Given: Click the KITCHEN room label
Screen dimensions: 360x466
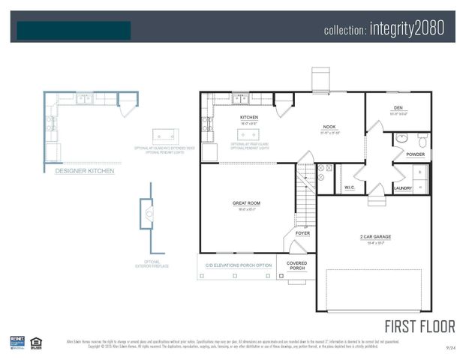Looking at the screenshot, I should (x=249, y=118).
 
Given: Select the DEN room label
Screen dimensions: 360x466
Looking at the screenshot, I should (x=398, y=108).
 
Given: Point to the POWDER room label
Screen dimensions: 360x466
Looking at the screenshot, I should (x=416, y=154).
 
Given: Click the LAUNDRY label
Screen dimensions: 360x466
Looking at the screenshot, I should (x=403, y=188).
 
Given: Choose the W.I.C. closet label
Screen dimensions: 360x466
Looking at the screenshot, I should (x=350, y=187).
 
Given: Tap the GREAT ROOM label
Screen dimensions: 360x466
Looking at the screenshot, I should (x=245, y=203).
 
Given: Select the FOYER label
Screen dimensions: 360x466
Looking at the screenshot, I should (x=302, y=233).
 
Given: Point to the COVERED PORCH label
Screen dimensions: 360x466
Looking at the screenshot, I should (x=298, y=265).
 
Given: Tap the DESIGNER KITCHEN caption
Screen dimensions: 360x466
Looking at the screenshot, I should (x=85, y=171).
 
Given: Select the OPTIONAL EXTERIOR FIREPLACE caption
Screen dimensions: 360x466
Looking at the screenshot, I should (x=152, y=263).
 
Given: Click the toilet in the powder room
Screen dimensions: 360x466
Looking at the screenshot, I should (x=422, y=140).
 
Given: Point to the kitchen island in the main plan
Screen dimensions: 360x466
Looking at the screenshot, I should (x=248, y=134).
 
